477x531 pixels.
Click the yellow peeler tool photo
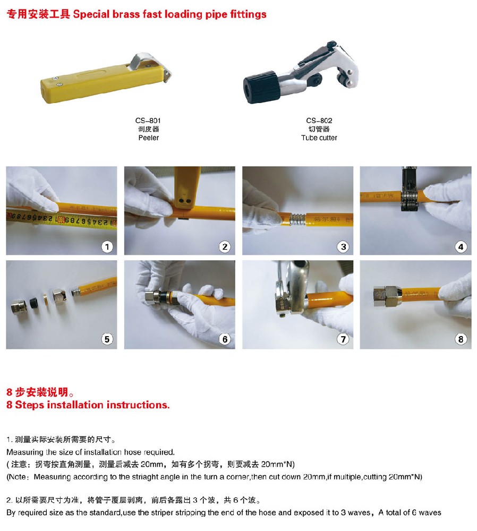(x=106, y=79)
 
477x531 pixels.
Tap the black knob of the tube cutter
(x=261, y=88)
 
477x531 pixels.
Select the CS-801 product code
(x=148, y=121)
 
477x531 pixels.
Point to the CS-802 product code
(x=319, y=121)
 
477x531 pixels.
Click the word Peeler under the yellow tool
(x=148, y=138)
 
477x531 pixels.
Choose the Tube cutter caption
(x=319, y=138)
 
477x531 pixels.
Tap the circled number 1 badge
(x=107, y=247)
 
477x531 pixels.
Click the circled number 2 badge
(x=225, y=247)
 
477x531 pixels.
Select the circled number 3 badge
(x=343, y=247)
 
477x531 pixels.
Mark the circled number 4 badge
(x=461, y=247)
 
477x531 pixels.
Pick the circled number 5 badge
(x=107, y=339)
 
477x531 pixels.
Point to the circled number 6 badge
(x=225, y=339)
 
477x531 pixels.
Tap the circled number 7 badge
(x=343, y=339)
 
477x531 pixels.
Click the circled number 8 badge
(x=461, y=339)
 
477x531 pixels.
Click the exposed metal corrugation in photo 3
(x=297, y=219)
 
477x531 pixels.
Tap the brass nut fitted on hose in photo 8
(x=387, y=296)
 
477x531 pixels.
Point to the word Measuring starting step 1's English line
(x=25, y=452)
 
